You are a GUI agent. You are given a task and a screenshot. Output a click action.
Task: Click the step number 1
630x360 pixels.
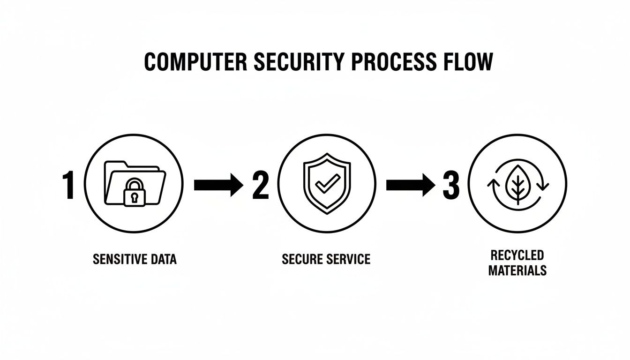68,186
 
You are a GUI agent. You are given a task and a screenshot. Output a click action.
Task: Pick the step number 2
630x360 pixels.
260,186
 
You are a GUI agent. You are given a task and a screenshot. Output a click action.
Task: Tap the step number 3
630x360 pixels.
451,186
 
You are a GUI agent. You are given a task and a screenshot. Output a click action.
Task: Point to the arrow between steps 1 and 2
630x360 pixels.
218,186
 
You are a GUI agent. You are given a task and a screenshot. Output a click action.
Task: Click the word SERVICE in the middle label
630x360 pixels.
350,259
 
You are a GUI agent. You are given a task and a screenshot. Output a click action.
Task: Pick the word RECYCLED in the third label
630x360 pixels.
517,255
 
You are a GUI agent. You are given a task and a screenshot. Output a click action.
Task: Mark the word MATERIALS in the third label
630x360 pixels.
517,270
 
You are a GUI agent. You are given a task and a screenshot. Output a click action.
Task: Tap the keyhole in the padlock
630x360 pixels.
134,197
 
